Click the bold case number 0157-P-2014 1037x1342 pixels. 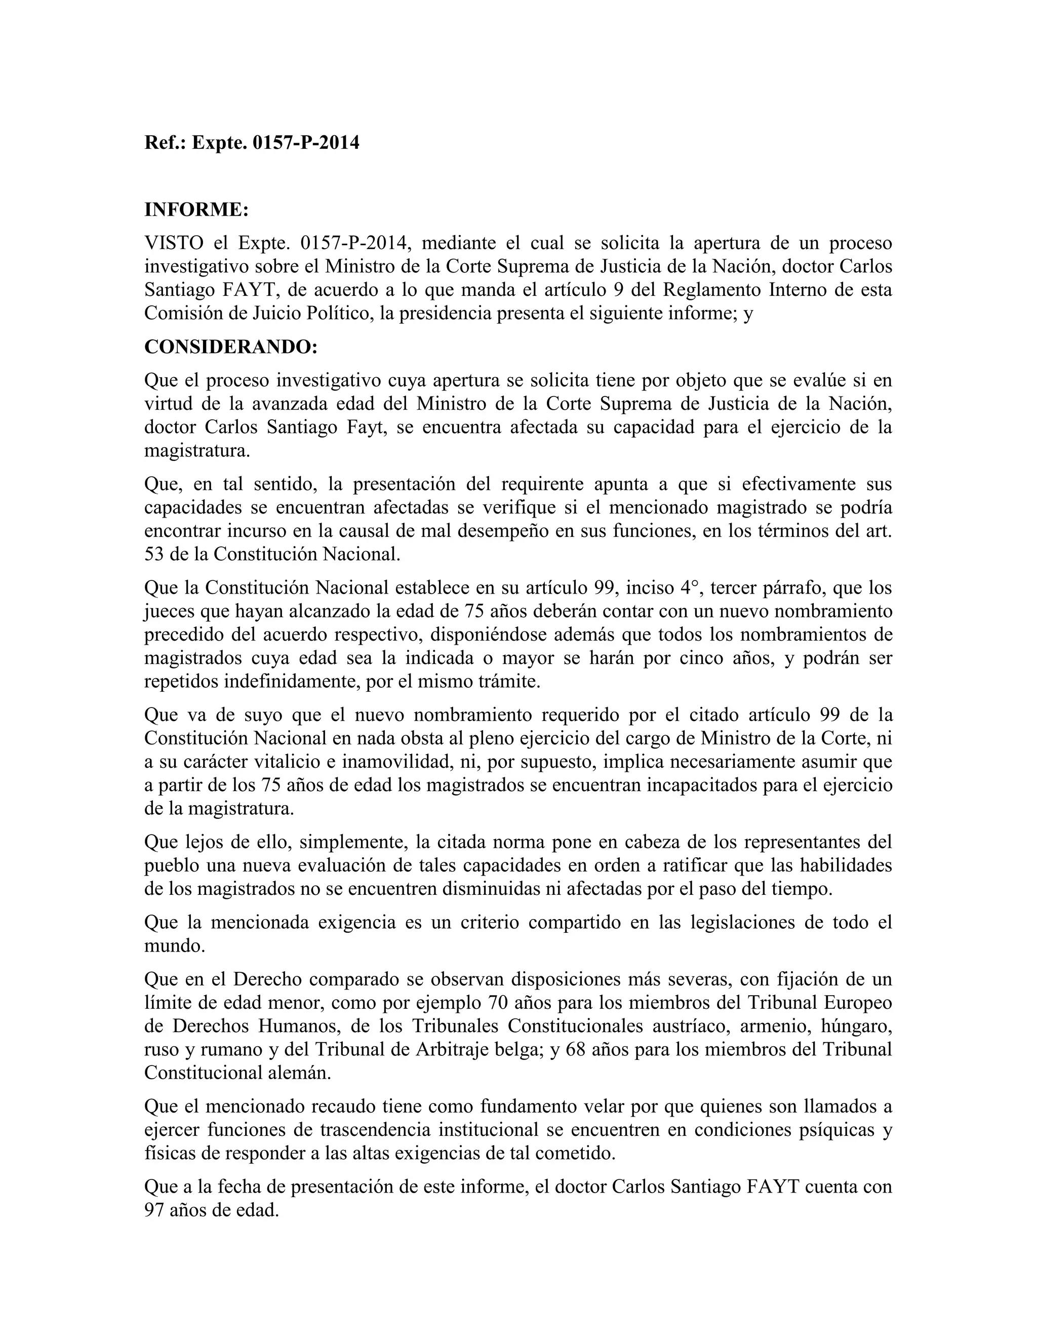pos(306,143)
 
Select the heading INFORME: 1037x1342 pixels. pos(196,210)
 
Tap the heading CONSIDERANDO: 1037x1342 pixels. pos(231,347)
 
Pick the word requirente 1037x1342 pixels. pos(542,484)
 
